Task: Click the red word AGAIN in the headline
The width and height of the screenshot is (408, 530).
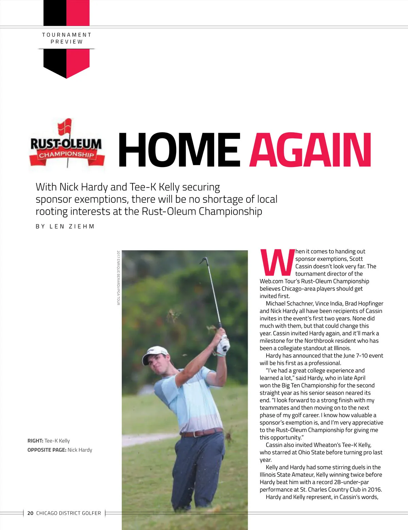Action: click(x=310, y=150)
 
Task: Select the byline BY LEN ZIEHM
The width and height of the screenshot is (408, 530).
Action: click(x=65, y=227)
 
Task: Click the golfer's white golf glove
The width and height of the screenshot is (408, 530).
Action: click(x=223, y=344)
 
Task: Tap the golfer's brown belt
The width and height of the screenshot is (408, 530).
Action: click(x=202, y=433)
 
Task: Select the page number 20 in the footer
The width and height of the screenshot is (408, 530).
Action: click(x=30, y=513)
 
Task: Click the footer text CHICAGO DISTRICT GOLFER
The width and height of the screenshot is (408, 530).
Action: click(x=68, y=513)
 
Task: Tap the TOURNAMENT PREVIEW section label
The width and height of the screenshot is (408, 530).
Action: click(x=67, y=38)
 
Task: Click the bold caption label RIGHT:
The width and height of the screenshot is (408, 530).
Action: click(x=35, y=441)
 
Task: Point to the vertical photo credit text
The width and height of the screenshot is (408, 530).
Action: click(x=118, y=278)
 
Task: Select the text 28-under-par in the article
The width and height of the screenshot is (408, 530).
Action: click(x=352, y=482)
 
